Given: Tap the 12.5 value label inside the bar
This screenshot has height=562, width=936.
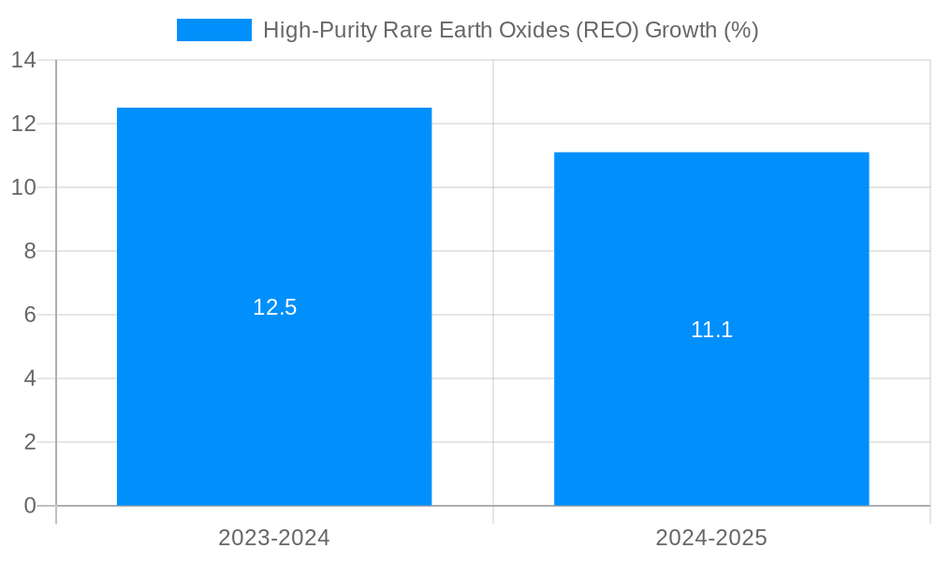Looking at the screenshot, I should point(274,307).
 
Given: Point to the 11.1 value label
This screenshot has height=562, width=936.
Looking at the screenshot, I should point(711,330).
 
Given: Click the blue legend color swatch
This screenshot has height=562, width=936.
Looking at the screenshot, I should point(214,30).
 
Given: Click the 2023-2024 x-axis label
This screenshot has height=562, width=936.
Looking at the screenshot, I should point(274,538).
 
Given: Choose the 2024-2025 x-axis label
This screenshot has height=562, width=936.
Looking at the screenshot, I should point(711,538).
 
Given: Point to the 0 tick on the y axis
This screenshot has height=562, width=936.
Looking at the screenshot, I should point(29,506).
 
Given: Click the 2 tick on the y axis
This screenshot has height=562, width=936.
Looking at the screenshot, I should point(29,442).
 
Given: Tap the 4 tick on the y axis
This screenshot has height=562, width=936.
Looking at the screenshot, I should point(29,378).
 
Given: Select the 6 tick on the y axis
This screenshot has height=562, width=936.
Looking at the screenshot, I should point(29,315).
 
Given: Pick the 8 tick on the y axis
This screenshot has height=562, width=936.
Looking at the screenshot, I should point(29,251).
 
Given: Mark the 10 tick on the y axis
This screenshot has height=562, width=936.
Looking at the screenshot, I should point(23,187).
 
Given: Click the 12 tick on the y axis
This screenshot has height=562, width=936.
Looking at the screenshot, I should point(23,124).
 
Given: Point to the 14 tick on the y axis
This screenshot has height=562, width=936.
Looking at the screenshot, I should point(23,60).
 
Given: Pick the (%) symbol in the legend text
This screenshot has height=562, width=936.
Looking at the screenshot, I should point(741,30).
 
